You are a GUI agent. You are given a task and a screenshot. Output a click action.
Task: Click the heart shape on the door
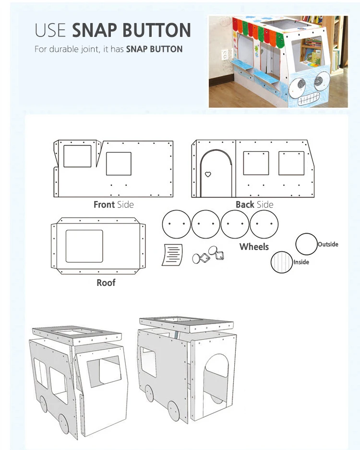click(x=208, y=174)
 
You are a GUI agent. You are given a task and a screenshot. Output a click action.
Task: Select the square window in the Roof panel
click(x=84, y=246)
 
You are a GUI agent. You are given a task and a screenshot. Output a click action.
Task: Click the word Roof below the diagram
click(x=106, y=283)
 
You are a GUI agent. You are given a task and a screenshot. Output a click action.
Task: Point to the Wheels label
click(x=254, y=247)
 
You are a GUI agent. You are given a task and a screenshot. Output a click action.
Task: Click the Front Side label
click(x=113, y=205)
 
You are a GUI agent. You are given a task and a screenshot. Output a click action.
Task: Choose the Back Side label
click(x=254, y=205)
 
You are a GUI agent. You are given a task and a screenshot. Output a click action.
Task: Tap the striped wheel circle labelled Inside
click(x=281, y=262)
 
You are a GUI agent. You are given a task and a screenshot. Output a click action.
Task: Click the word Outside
click(x=328, y=244)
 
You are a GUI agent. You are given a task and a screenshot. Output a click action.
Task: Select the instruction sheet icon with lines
click(x=173, y=254)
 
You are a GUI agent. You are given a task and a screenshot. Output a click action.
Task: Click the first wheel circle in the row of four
click(x=177, y=224)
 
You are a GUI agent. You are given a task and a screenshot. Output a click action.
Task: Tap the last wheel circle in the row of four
click(x=264, y=224)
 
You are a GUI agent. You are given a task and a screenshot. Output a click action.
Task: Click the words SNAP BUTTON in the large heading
click(x=131, y=30)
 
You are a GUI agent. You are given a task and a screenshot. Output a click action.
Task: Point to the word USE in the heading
click(x=50, y=30)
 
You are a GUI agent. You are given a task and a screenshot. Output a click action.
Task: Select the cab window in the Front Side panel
click(x=77, y=155)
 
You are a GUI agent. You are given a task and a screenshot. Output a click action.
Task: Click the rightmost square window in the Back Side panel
click(x=291, y=163)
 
